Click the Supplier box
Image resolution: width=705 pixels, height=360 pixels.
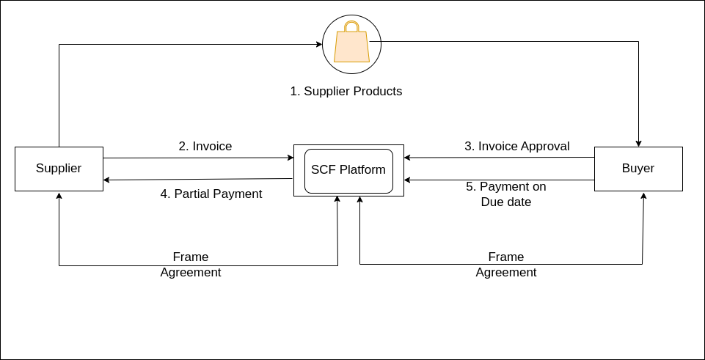(x=59, y=169)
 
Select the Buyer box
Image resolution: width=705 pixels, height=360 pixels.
(x=638, y=169)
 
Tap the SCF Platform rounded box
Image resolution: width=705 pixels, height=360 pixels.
(x=349, y=172)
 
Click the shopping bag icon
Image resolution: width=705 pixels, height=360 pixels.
(x=351, y=41)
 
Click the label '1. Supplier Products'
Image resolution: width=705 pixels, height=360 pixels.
(x=346, y=91)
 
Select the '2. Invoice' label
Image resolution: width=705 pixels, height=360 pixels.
(x=205, y=146)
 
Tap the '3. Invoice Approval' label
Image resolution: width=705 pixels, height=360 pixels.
(x=517, y=146)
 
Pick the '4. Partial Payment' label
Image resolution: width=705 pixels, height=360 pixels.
(x=211, y=194)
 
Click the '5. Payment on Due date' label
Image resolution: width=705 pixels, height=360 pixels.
(x=506, y=194)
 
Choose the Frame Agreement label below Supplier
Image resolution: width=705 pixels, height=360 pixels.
(x=191, y=265)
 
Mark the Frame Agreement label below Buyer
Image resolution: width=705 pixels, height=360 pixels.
(x=506, y=265)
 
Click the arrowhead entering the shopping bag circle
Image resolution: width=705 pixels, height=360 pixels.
(x=320, y=44)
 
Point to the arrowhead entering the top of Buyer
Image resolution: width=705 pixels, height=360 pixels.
(x=638, y=144)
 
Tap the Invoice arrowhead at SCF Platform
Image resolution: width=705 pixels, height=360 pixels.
(x=291, y=158)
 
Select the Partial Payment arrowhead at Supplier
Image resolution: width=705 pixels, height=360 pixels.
(x=106, y=180)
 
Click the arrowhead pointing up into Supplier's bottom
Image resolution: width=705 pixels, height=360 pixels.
(x=59, y=196)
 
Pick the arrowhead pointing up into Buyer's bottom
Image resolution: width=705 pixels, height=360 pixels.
(x=644, y=196)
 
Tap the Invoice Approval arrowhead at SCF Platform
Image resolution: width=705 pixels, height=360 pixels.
(x=407, y=158)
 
